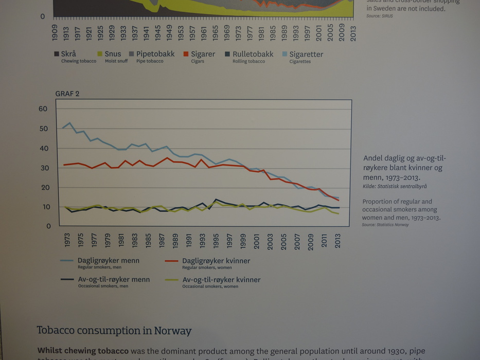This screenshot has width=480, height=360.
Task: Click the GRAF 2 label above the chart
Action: (67, 94)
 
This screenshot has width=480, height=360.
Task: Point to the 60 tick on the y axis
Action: (43, 109)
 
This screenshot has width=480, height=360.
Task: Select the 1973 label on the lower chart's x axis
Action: (67, 241)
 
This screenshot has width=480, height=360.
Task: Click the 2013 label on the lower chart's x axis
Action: (337, 241)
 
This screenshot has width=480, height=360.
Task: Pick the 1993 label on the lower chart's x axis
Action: (202, 241)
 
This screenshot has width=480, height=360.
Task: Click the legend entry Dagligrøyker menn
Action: (108, 261)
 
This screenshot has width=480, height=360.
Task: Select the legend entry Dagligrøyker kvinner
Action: (216, 261)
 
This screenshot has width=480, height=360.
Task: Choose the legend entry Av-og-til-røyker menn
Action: (114, 280)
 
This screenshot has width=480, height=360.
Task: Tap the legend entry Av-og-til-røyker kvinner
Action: (221, 280)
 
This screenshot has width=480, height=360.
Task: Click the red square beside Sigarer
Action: (186, 54)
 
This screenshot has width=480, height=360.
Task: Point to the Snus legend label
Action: (113, 54)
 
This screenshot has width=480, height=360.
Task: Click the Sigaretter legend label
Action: (306, 54)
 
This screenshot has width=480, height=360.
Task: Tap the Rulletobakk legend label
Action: (254, 54)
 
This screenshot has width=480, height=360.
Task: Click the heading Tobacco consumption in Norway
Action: (114, 330)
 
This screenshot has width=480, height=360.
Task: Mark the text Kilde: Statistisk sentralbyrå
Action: (395, 186)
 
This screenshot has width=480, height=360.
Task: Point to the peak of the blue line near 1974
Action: (69, 123)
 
